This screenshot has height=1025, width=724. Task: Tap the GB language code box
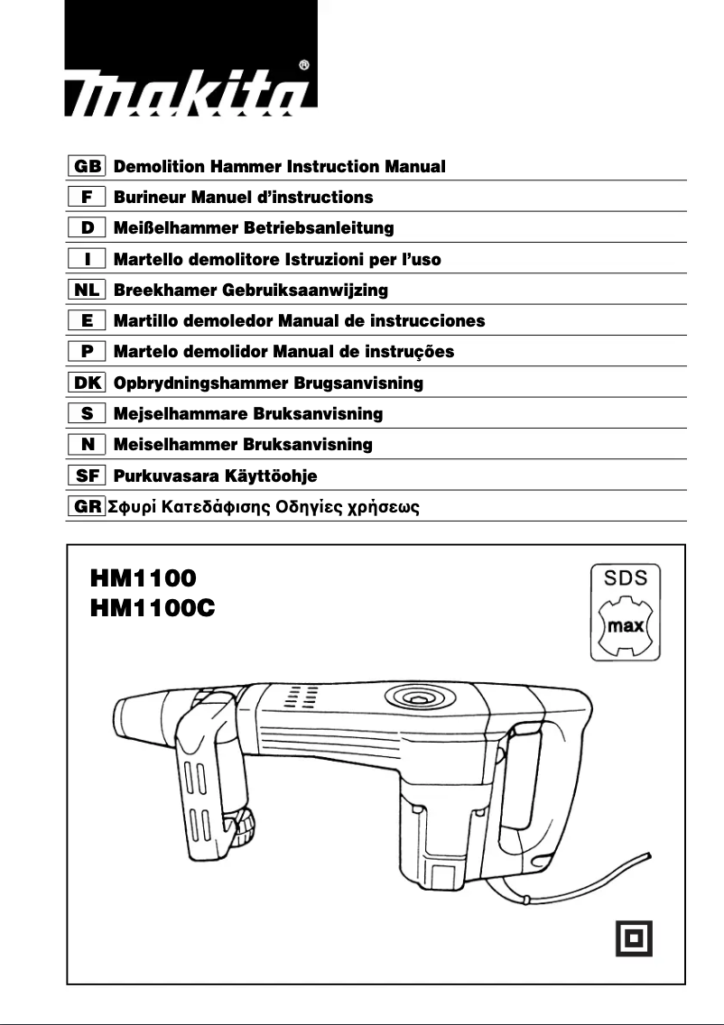pos(88,167)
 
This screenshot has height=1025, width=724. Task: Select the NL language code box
pos(88,291)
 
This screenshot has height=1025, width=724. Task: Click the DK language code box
pos(88,383)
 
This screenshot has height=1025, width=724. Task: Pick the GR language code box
pos(88,507)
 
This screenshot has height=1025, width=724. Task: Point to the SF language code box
pos(88,476)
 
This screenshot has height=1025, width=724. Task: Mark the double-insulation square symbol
pos(633,938)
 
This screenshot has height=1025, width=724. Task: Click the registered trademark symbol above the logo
pos(304,65)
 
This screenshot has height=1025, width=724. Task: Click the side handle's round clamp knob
pos(246,828)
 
